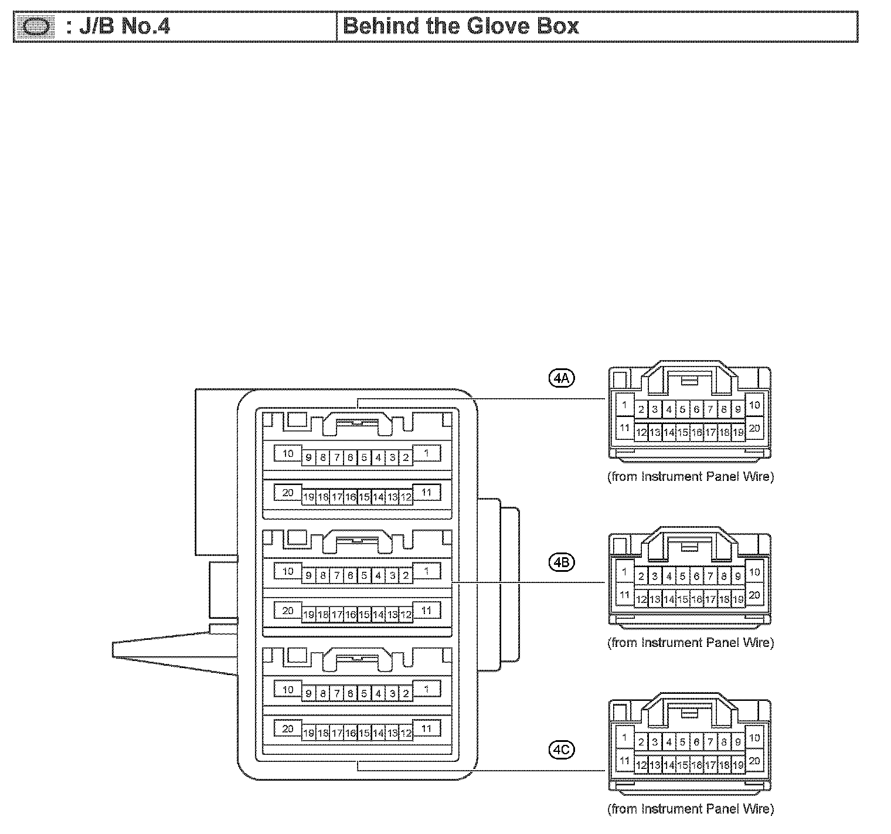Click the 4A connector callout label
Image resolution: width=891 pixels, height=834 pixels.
click(562, 378)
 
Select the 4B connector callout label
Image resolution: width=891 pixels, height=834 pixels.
click(562, 562)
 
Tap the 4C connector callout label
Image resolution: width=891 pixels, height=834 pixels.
click(562, 748)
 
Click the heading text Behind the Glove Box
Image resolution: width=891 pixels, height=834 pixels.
click(461, 26)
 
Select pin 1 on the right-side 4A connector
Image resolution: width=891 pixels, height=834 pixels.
click(624, 405)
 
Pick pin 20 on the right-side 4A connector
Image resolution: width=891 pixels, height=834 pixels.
click(754, 428)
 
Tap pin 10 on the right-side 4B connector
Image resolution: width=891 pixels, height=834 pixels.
click(754, 572)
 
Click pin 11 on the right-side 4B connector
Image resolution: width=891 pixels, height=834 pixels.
click(624, 595)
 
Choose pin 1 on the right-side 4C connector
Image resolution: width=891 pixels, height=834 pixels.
click(624, 738)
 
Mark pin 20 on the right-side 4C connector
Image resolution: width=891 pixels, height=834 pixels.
click(754, 761)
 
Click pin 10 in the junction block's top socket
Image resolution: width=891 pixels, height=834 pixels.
click(288, 453)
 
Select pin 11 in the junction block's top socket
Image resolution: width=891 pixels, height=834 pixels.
click(426, 492)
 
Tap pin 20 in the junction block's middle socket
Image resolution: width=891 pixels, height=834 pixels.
click(288, 611)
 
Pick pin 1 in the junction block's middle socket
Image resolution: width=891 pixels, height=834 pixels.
click(426, 571)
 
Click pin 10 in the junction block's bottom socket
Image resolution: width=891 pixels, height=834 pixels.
click(288, 689)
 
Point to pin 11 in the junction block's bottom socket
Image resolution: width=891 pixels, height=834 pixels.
click(426, 728)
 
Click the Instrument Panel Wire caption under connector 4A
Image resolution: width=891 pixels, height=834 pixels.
click(691, 477)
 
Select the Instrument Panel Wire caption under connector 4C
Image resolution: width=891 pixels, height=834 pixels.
click(691, 809)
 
